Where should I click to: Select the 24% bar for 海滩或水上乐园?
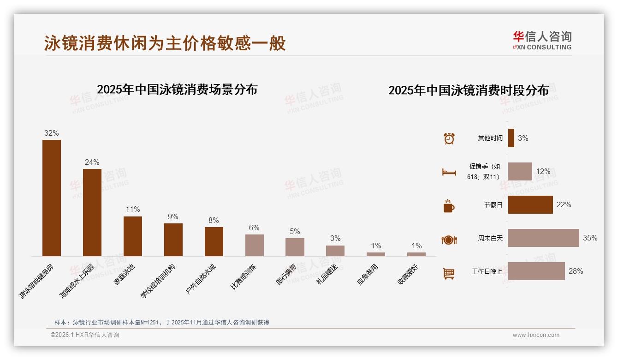pyautogui.click(x=92, y=212)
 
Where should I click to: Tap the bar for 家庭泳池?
pyautogui.click(x=133, y=236)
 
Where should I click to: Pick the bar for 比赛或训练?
pyautogui.click(x=254, y=245)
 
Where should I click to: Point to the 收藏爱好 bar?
pyautogui.click(x=416, y=254)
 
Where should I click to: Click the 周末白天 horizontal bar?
pyautogui.click(x=543, y=238)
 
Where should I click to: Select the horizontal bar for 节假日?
pyautogui.click(x=530, y=204)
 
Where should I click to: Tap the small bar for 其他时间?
pyautogui.click(x=511, y=138)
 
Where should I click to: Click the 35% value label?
pyautogui.click(x=590, y=238)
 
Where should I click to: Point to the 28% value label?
pyautogui.click(x=576, y=271)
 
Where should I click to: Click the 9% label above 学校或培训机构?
pyautogui.click(x=173, y=216)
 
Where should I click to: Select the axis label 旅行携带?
pyautogui.click(x=286, y=276)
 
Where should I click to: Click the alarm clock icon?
pyautogui.click(x=449, y=138)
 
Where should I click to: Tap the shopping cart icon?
pyautogui.click(x=449, y=273)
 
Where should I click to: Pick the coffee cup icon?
pyautogui.click(x=449, y=206)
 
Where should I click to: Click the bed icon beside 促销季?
pyautogui.click(x=449, y=172)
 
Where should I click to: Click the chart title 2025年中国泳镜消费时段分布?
pyautogui.click(x=469, y=90)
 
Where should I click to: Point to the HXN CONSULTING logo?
pyautogui.click(x=542, y=41)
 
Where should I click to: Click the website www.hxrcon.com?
pyautogui.click(x=536, y=335)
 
